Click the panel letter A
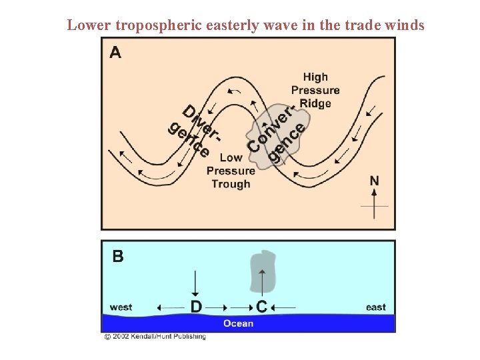pyautogui.click(x=115, y=52)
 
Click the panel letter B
pyautogui.click(x=117, y=257)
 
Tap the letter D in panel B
pyautogui.click(x=196, y=307)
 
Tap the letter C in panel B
pyautogui.click(x=261, y=307)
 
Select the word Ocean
pyautogui.click(x=238, y=323)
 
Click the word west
pyautogui.click(x=121, y=307)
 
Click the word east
pyautogui.click(x=376, y=307)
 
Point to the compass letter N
pyautogui.click(x=375, y=181)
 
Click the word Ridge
pyautogui.click(x=315, y=103)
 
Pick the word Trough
pyautogui.click(x=231, y=184)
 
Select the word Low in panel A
pyautogui.click(x=231, y=158)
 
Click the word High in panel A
pyautogui.click(x=315, y=77)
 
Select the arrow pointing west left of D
pyautogui.click(x=170, y=307)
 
